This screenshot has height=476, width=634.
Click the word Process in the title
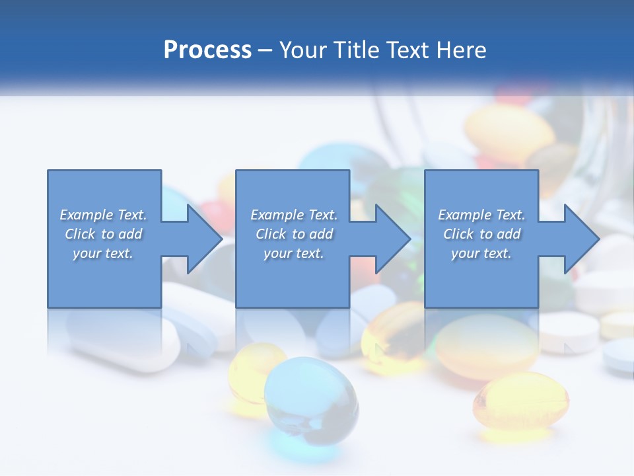click(x=207, y=50)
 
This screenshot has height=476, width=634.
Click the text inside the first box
click(x=104, y=234)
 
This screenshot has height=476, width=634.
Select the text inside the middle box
click(x=293, y=234)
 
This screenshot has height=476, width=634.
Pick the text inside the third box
click(x=481, y=234)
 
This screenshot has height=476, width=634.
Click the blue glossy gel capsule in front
click(x=311, y=396)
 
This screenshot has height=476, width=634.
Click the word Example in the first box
click(x=86, y=215)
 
